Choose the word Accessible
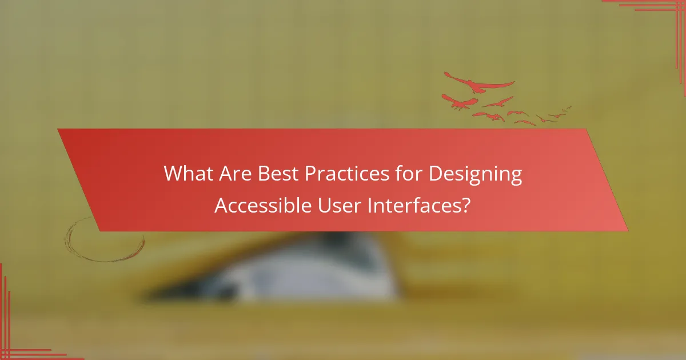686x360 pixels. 262,205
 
